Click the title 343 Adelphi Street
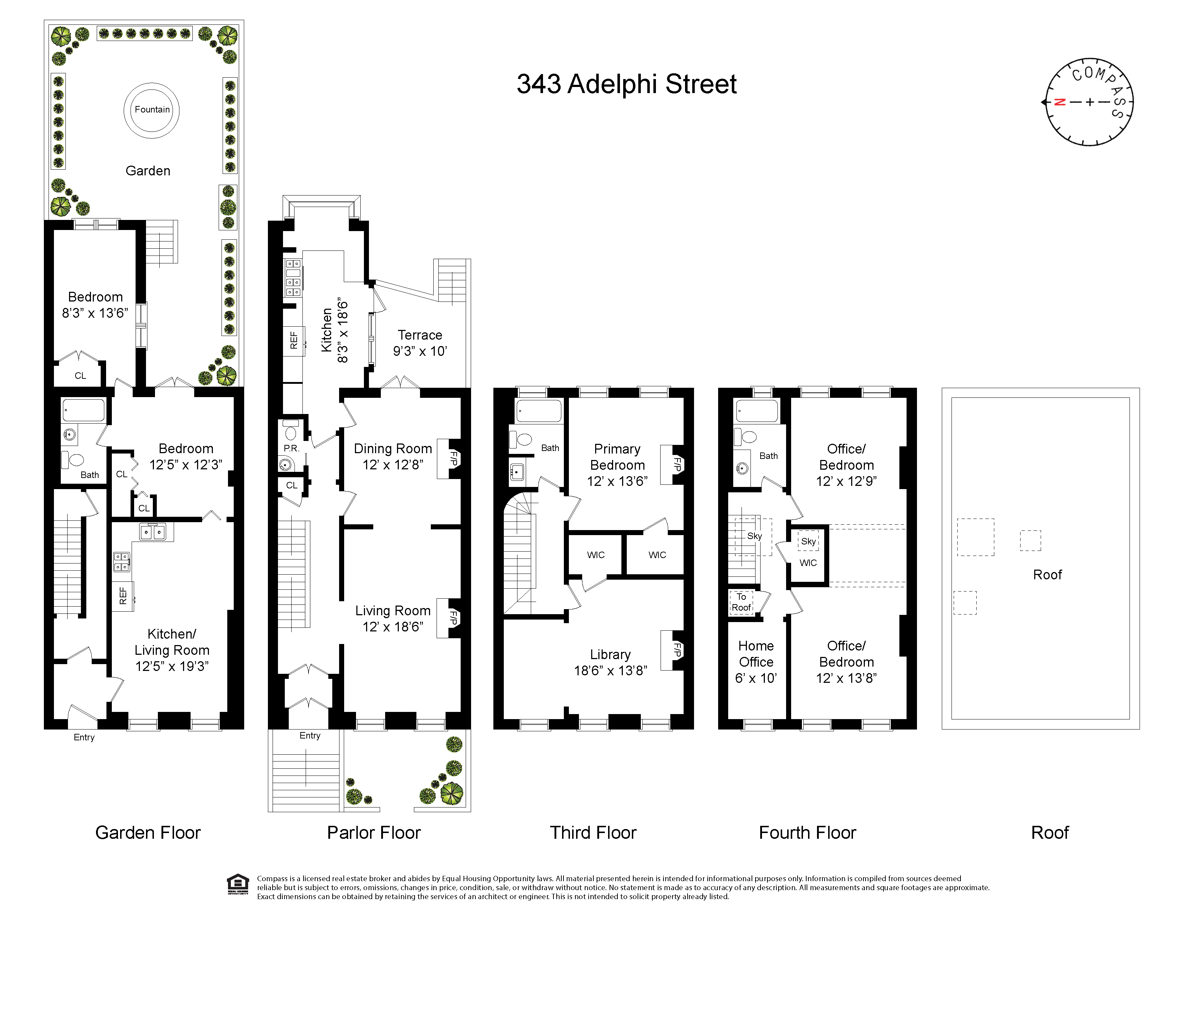[626, 84]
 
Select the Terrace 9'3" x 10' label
[420, 343]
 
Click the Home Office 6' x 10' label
[756, 662]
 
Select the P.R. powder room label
[291, 448]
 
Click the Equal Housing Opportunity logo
[238, 884]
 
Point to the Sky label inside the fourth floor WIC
[808, 541]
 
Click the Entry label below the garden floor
[84, 737]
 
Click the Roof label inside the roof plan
[1047, 575]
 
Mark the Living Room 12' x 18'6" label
[393, 619]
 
